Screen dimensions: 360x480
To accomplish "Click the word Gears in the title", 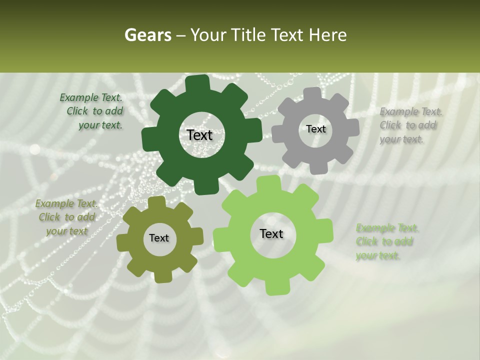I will [147, 35].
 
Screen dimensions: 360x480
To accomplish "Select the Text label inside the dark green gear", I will [199, 135].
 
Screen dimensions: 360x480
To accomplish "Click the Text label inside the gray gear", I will [315, 129].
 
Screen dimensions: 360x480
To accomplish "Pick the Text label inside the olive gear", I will [159, 238].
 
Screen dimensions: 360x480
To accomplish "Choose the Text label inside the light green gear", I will [271, 233].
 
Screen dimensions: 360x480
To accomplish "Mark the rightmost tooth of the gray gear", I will [352, 127].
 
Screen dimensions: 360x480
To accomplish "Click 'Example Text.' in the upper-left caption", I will [91, 97].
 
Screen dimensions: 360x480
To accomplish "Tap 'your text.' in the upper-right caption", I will [401, 139].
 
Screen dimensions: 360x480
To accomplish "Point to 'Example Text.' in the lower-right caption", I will [387, 228].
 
